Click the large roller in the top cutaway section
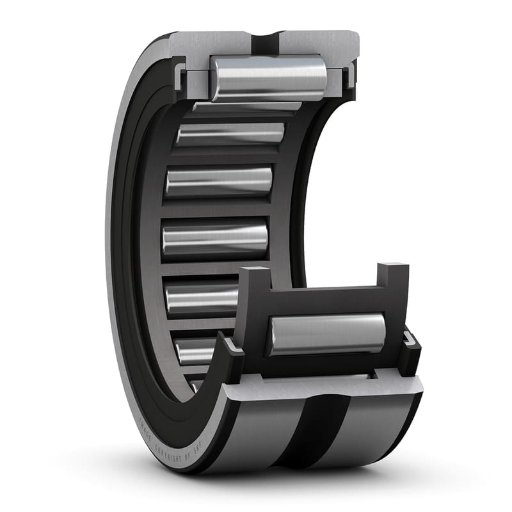click(269, 78)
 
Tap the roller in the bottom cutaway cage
click(326, 335)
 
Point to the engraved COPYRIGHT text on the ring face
click(168, 440)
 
